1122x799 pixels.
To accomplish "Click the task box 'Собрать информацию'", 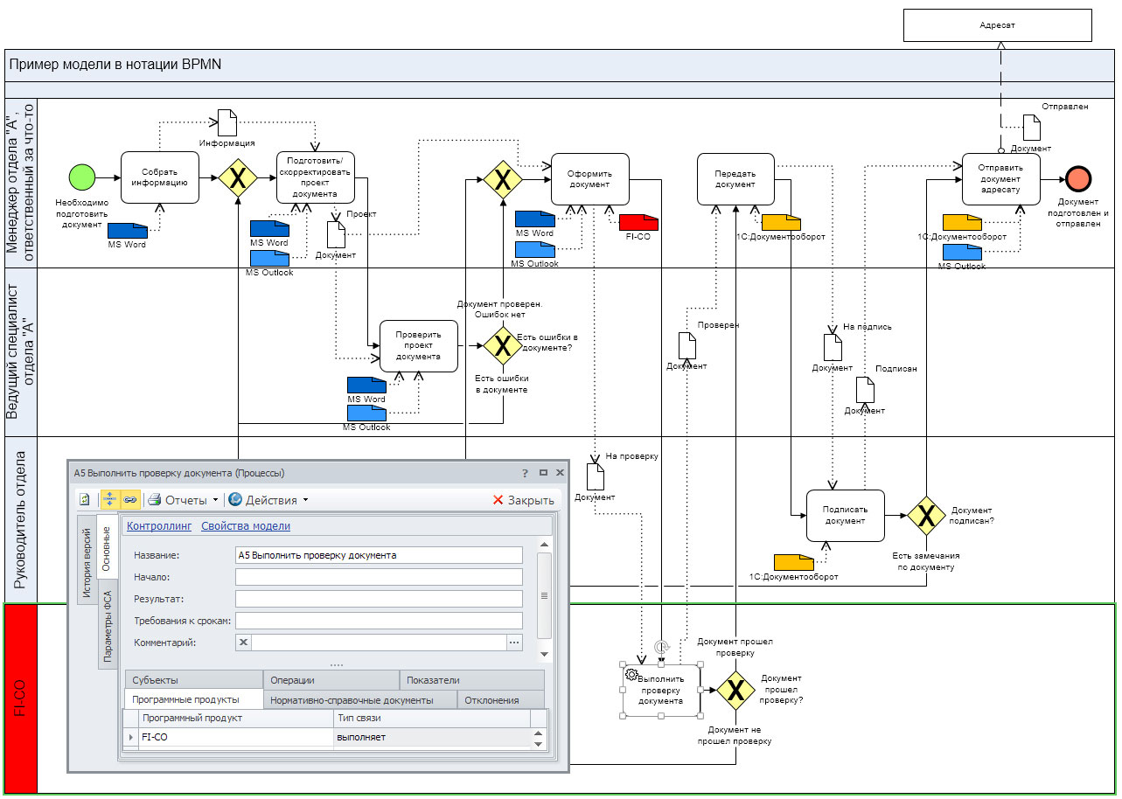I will (159, 177).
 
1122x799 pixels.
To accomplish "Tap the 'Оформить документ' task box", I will (589, 178).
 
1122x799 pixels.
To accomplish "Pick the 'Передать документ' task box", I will (735, 178).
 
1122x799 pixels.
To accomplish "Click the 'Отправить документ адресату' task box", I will (1000, 178).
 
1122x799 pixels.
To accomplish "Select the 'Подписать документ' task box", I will (845, 515).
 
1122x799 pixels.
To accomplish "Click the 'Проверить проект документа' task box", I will (419, 345).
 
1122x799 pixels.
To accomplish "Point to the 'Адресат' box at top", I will (997, 25).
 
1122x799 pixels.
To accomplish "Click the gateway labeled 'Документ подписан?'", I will (925, 515).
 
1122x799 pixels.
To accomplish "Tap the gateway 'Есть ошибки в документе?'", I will (503, 346).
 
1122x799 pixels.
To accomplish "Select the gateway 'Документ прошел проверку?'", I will (735, 691).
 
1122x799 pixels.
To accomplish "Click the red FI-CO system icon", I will (638, 222).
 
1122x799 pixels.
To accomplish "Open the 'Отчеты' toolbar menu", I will (182, 500).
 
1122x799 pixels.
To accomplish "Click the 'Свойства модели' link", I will (246, 526).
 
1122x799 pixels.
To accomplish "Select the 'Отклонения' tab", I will (491, 699).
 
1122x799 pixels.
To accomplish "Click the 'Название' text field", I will (379, 555).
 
